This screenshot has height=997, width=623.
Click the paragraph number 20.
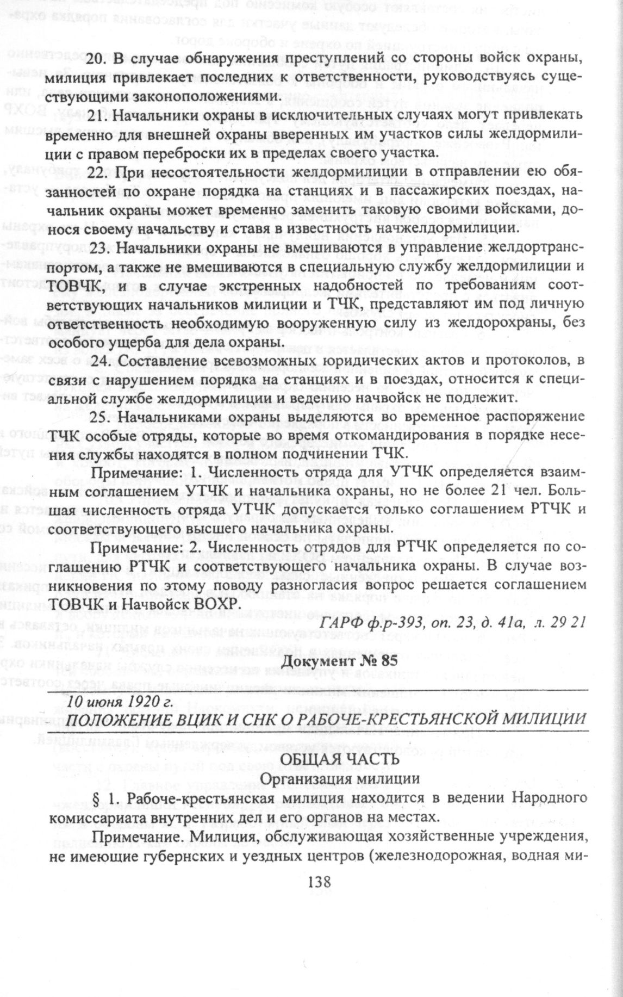click(96, 59)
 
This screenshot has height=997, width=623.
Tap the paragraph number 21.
click(96, 115)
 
